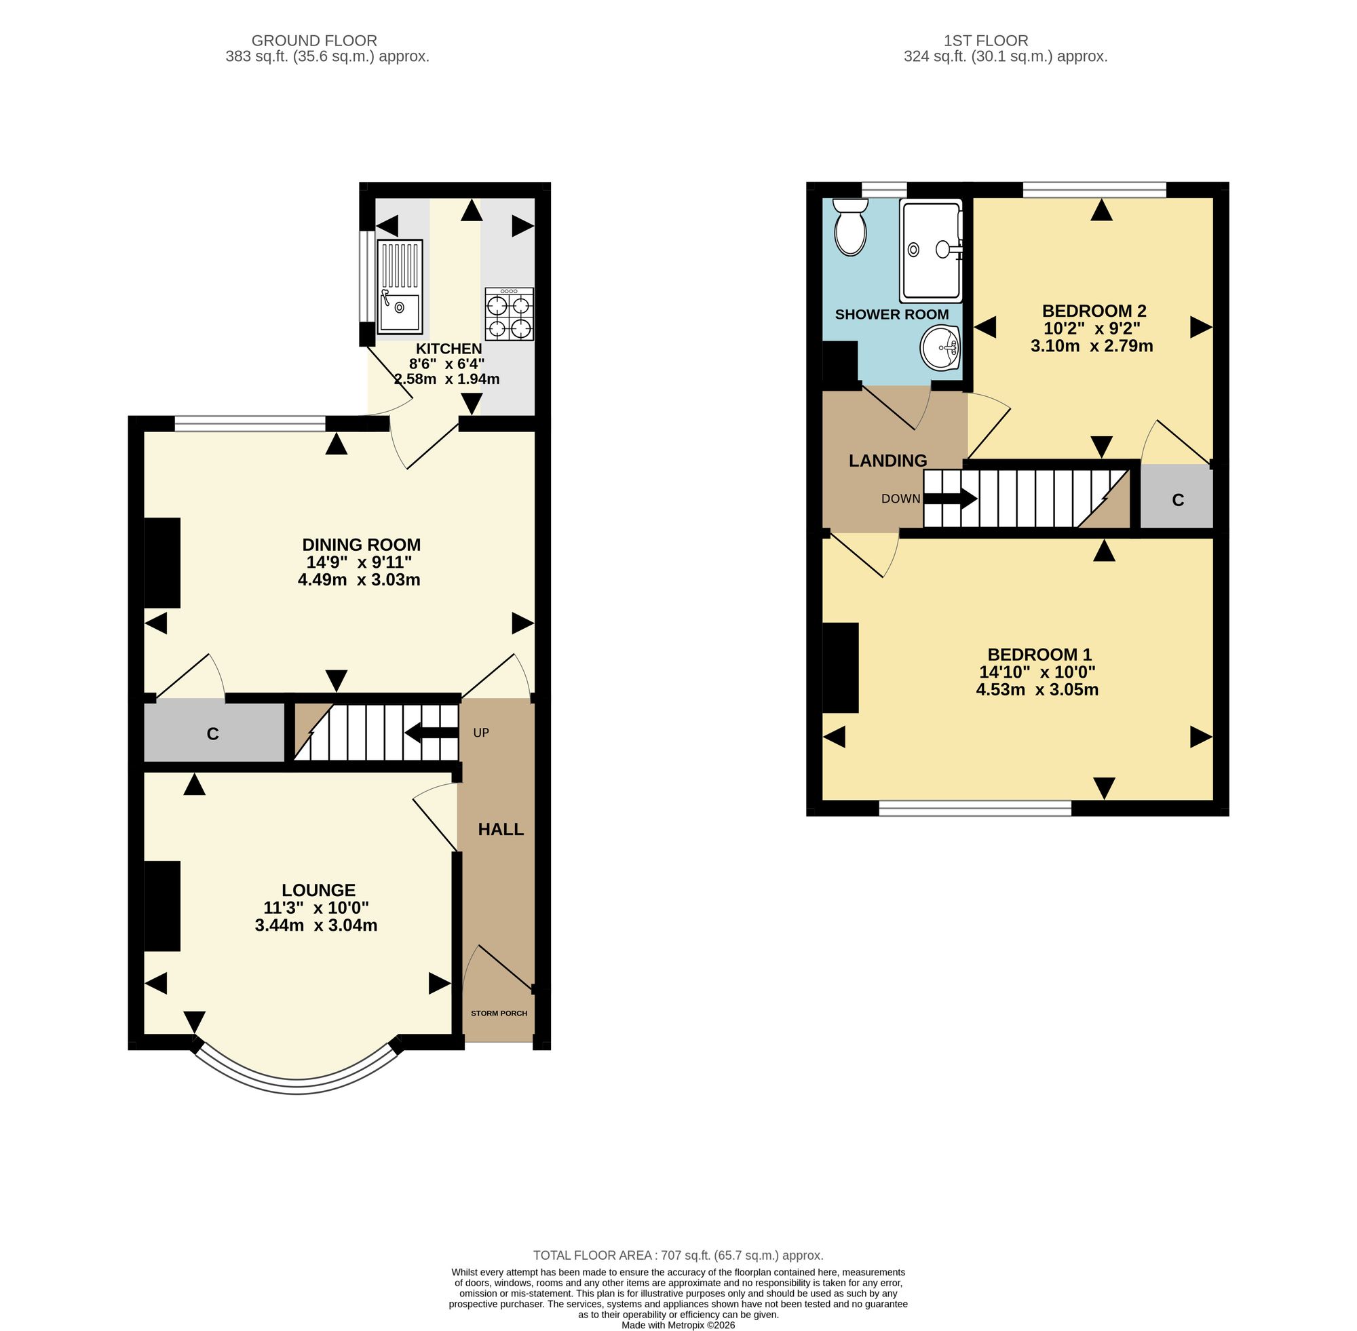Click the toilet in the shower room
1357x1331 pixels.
tap(850, 227)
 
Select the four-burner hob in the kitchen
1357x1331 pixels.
tap(509, 314)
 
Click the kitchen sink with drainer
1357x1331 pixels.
tap(400, 286)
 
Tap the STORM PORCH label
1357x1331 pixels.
tap(499, 1013)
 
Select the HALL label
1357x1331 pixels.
tap(501, 829)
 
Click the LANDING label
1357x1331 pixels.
tap(888, 461)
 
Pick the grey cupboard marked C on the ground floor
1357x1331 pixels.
tap(214, 732)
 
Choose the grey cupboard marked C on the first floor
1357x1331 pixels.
tap(1177, 497)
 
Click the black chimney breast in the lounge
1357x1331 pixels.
tap(162, 906)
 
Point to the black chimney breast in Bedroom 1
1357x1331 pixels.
tap(841, 668)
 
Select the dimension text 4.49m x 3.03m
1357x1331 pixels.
tap(359, 579)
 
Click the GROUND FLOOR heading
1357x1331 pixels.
tap(314, 41)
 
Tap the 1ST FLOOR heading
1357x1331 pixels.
tap(987, 41)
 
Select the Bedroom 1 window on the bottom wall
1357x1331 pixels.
tap(974, 809)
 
